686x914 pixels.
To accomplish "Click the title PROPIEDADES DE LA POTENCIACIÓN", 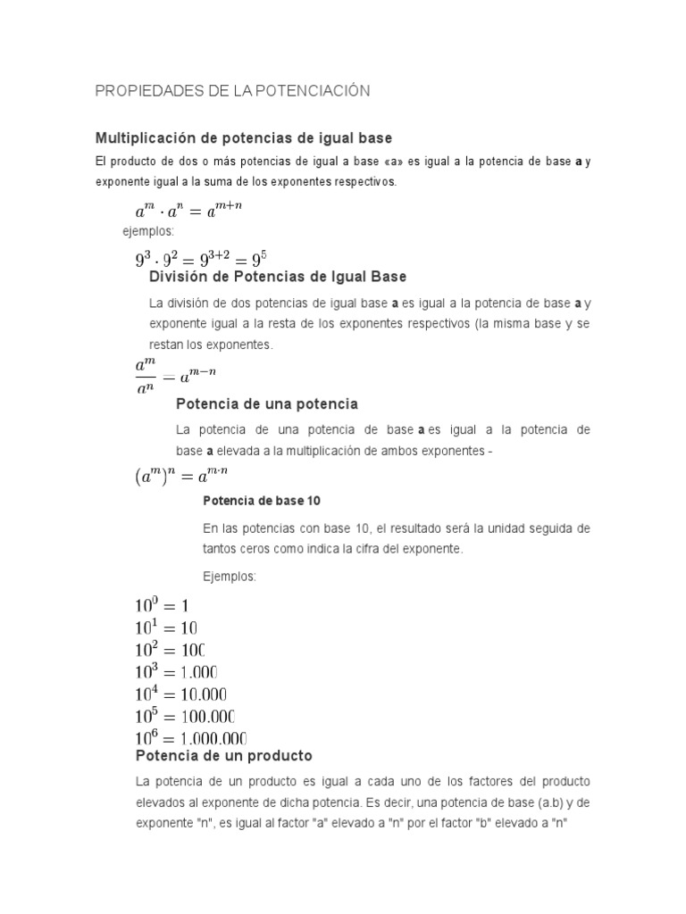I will tap(232, 91).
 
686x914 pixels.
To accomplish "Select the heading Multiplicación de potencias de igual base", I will tap(244, 138).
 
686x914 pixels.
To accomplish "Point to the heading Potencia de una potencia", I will tap(267, 403).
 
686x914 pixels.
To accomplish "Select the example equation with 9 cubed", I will tap(197, 259).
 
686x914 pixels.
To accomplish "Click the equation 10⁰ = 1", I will tap(162, 606).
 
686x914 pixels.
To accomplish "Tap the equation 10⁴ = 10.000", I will tap(180, 694).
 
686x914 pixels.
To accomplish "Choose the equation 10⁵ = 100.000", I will tap(185, 716).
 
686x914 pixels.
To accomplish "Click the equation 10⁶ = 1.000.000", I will tap(190, 737).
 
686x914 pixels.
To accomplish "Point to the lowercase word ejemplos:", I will tap(148, 232).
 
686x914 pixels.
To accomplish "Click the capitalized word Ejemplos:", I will tap(230, 577).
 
